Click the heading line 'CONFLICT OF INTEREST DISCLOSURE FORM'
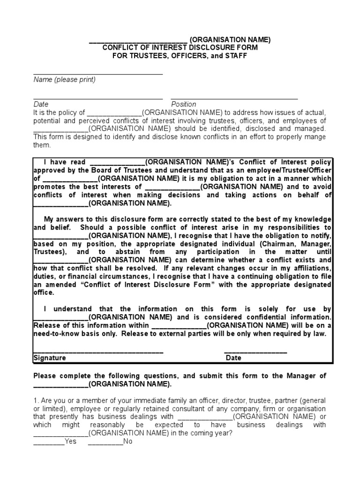pyautogui.click(x=180, y=48)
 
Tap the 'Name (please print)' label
pyautogui.click(x=64, y=80)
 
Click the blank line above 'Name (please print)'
pyautogui.click(x=98, y=74)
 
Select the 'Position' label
pyautogui.click(x=184, y=104)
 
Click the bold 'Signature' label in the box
pyautogui.click(x=50, y=358)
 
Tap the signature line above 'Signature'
pyautogui.click(x=98, y=352)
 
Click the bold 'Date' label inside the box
pyautogui.click(x=233, y=358)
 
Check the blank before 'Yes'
pyautogui.click(x=49, y=442)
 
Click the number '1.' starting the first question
pyautogui.click(x=36, y=400)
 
